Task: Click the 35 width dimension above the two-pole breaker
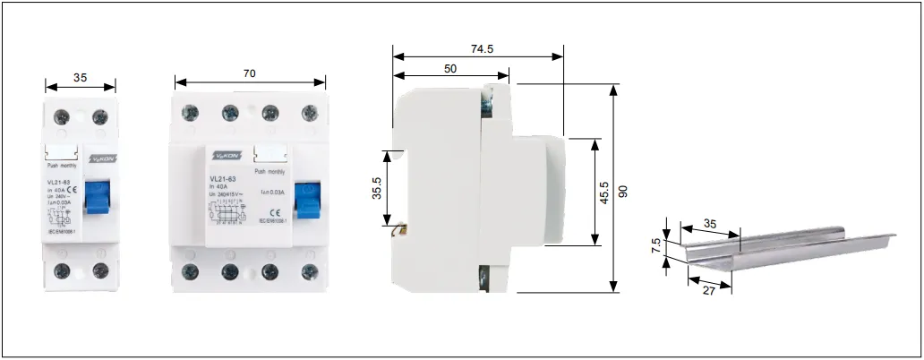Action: tap(81, 78)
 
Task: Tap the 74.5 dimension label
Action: tap(483, 49)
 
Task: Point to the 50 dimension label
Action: tap(450, 69)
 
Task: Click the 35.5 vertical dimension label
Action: tap(377, 190)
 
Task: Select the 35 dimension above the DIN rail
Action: tap(710, 224)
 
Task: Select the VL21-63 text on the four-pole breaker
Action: tap(222, 178)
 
